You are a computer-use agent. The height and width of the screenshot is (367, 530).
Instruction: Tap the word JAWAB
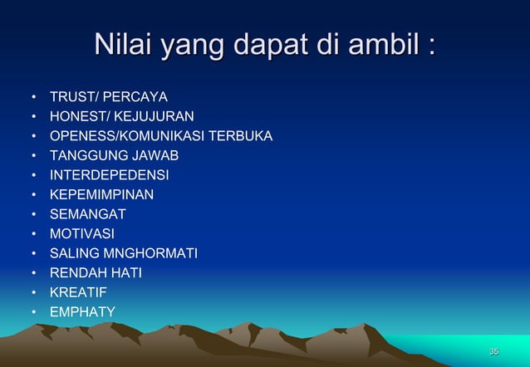coord(155,154)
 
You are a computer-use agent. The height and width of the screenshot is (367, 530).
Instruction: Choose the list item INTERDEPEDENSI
coord(109,175)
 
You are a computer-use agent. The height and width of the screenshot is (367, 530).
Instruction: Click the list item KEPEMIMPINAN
coord(101,194)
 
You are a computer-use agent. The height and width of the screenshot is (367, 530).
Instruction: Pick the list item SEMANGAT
coord(88,214)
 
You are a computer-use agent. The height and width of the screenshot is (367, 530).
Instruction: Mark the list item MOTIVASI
coord(82,233)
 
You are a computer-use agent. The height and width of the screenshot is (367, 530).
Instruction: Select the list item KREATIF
coord(79,292)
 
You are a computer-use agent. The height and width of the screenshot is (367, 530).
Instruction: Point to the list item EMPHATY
coord(82,311)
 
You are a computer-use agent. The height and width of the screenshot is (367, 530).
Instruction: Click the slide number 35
coord(493,352)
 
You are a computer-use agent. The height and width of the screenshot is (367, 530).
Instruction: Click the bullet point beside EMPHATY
coord(33,312)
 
